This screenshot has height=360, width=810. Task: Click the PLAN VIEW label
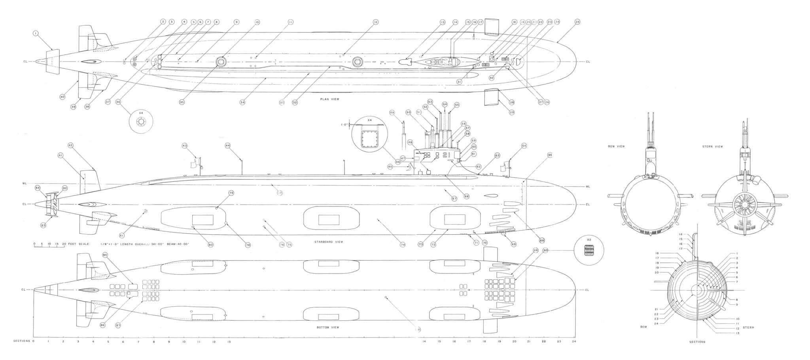pos(329,99)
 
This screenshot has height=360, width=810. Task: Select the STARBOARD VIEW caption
pos(329,242)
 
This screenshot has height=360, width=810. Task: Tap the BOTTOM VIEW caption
pos(328,328)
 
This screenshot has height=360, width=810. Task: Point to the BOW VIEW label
pos(616,146)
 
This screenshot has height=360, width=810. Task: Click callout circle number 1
pos(36,34)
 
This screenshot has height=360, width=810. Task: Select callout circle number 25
pos(577,22)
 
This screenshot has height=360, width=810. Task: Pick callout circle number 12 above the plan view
pos(375,22)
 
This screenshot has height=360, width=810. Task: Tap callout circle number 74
pos(403,245)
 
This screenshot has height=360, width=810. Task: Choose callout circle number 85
pos(105,255)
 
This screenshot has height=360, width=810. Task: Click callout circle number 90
pos(545,250)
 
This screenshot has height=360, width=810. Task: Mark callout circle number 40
pos(62,97)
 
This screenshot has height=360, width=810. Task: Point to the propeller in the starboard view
pos(51,204)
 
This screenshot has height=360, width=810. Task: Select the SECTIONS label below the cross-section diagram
pos(697,342)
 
